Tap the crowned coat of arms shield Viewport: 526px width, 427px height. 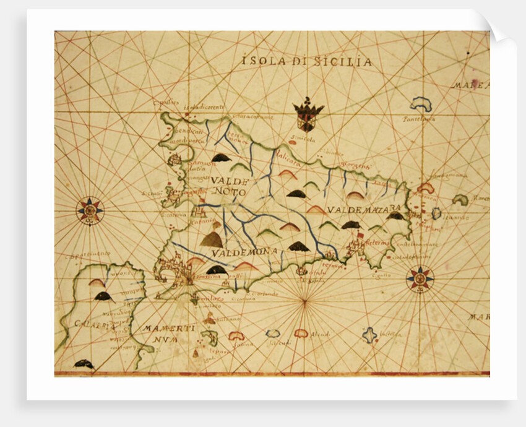(308, 115)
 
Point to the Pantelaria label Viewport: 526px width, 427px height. (419, 118)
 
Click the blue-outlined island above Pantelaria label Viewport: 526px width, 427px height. (421, 103)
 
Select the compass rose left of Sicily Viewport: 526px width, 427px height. (90, 210)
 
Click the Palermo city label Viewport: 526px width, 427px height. (376, 243)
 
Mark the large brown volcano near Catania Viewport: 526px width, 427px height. (212, 239)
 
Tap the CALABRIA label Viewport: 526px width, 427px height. (88, 324)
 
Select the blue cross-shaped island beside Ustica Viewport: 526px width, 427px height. (369, 335)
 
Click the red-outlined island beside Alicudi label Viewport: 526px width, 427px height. (301, 333)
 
